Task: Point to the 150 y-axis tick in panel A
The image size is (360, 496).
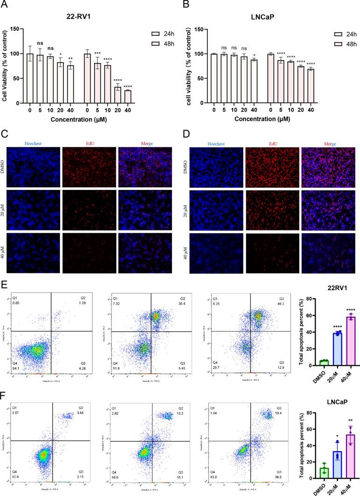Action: (19, 29)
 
